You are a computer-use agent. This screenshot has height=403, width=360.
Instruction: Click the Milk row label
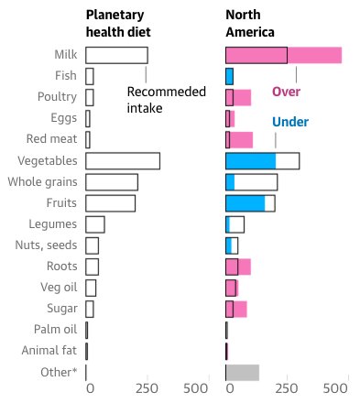(63, 56)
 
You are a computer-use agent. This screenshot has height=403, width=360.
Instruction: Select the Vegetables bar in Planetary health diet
(123, 161)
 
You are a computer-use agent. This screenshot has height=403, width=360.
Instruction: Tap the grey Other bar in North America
(243, 372)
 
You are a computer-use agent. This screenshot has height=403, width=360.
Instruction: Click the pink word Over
(286, 92)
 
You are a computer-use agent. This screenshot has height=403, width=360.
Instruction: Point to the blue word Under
(289, 122)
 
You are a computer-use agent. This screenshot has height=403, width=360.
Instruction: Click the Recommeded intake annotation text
(158, 100)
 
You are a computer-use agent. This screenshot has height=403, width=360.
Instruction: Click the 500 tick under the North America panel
(336, 388)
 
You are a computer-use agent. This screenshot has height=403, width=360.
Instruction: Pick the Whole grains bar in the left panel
(112, 182)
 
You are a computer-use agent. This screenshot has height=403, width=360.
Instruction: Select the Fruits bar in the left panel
(110, 203)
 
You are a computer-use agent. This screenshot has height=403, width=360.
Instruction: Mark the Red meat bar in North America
(239, 140)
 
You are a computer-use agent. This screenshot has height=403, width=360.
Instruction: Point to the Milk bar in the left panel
(116, 56)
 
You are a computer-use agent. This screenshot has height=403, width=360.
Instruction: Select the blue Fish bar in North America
(230, 77)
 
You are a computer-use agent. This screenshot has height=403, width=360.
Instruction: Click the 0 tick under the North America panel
(230, 388)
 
